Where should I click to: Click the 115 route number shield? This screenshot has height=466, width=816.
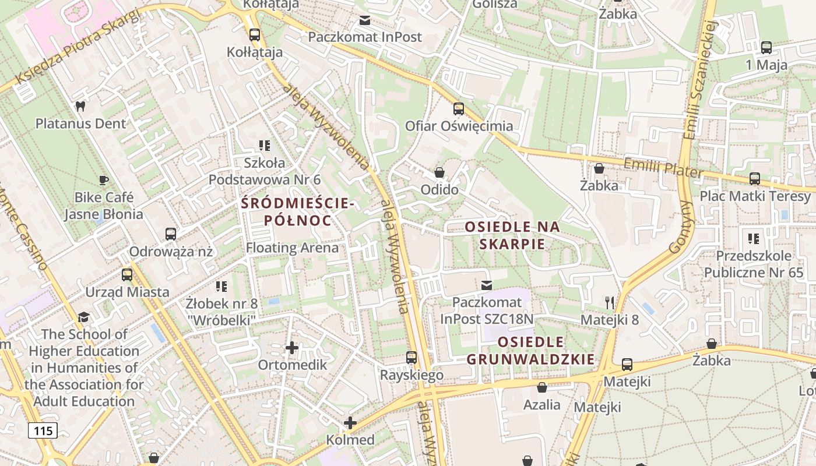click(43, 431)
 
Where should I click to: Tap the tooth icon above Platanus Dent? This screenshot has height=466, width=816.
click(80, 106)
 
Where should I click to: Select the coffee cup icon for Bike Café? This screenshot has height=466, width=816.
click(104, 180)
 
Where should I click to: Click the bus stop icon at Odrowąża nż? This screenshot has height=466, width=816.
click(171, 234)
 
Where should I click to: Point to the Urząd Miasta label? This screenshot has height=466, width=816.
click(128, 292)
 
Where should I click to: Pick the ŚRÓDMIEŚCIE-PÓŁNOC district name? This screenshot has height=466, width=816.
click(298, 212)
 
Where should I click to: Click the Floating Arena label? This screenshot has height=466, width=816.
click(292, 248)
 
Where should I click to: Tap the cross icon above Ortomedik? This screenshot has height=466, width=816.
click(292, 348)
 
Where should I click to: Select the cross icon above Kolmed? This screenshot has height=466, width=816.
click(350, 423)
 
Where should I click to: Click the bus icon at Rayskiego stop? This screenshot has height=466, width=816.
click(411, 358)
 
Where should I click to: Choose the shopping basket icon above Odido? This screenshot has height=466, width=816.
click(439, 172)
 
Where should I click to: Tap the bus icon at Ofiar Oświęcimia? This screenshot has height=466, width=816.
click(459, 109)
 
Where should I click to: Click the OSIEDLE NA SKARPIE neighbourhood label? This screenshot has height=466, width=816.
click(512, 235)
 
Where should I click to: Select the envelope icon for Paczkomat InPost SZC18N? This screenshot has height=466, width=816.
click(487, 285)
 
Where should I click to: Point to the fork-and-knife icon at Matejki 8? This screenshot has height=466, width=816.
click(610, 302)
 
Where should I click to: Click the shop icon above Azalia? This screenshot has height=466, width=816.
click(542, 387)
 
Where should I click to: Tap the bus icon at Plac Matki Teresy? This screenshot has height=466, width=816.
click(755, 179)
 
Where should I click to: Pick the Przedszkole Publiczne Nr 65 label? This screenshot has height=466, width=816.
click(754, 264)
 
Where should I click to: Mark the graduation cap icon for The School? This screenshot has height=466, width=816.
click(84, 317)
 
